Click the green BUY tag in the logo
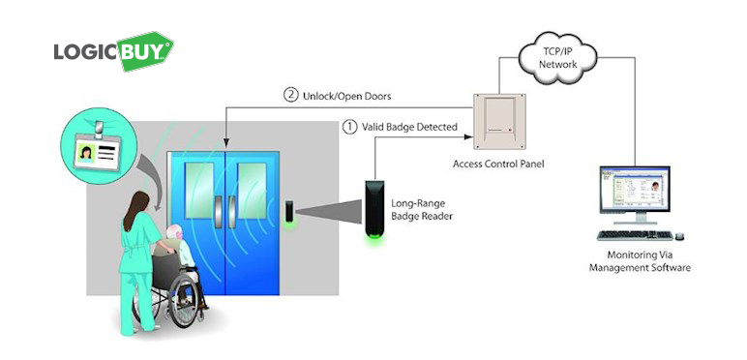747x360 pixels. coord(145,51)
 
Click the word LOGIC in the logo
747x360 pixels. coord(86,52)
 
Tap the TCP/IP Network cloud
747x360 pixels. coord(558,59)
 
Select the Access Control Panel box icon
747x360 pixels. coord(498,121)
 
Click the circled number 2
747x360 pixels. coord(290,95)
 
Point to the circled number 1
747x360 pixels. coord(349,127)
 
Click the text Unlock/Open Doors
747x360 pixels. coord(346,96)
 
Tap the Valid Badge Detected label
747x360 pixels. coord(409,127)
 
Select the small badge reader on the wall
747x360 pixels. coord(289,211)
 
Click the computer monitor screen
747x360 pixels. coord(635,190)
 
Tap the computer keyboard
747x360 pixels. coord(635,235)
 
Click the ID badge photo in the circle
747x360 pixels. coord(86,153)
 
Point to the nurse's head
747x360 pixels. coord(137,202)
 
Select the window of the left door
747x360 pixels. coord(199,191)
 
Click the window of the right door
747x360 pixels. coord(252,191)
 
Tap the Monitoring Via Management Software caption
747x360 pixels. coord(640,261)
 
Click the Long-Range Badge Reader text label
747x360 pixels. coord(422,210)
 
